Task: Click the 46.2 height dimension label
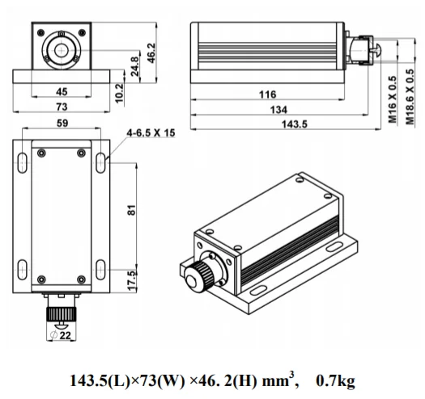coord(152,53)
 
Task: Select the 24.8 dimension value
coord(134,66)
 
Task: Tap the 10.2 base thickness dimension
coord(119,93)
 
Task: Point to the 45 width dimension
coord(62,92)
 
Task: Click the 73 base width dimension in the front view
coord(62,107)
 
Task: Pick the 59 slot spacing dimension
coord(62,123)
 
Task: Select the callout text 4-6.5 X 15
coord(151,133)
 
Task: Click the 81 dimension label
coord(131,210)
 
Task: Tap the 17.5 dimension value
coord(132,281)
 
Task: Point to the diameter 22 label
coord(61,335)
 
